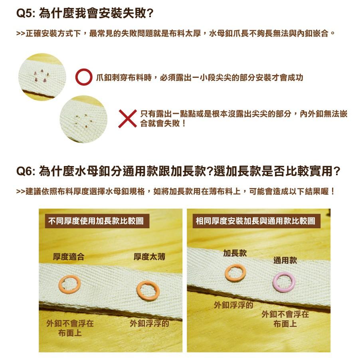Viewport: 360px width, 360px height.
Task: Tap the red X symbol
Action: coord(128,119)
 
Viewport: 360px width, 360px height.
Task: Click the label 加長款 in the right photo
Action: coord(235,253)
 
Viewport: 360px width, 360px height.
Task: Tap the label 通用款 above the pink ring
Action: coord(285,261)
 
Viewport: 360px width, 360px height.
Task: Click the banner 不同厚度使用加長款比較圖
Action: coord(96,221)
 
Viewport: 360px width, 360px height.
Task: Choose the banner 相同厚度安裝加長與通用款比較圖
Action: coord(255,221)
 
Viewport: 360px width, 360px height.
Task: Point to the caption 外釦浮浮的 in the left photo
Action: coord(149,323)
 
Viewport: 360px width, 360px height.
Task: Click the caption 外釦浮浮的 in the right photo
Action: coord(233,305)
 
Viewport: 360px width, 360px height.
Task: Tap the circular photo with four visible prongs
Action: coord(42,77)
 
